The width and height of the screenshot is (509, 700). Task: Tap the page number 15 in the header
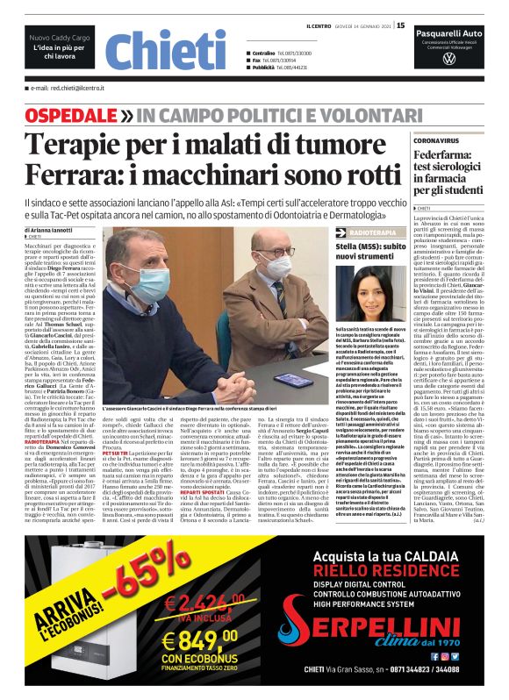click(x=401, y=25)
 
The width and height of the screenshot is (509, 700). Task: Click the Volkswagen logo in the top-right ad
click(x=449, y=60)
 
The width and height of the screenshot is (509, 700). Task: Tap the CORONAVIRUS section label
click(x=438, y=139)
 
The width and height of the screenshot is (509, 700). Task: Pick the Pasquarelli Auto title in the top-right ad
click(x=449, y=32)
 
